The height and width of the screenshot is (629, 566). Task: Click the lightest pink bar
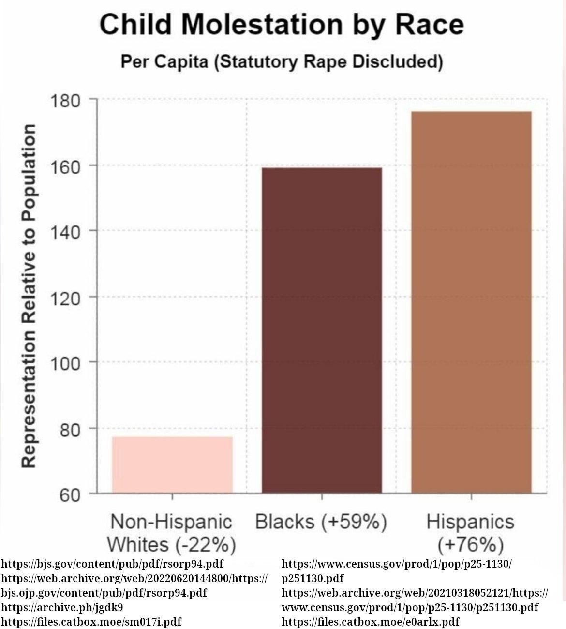pos(172,464)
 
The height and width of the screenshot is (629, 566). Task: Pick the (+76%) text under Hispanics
pos(471,545)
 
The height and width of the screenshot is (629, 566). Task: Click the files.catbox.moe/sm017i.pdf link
pos(91,621)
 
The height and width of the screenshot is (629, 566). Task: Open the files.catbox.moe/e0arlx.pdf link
pos(370,621)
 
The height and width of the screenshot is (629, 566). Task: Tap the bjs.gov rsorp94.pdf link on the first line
pos(112,564)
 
